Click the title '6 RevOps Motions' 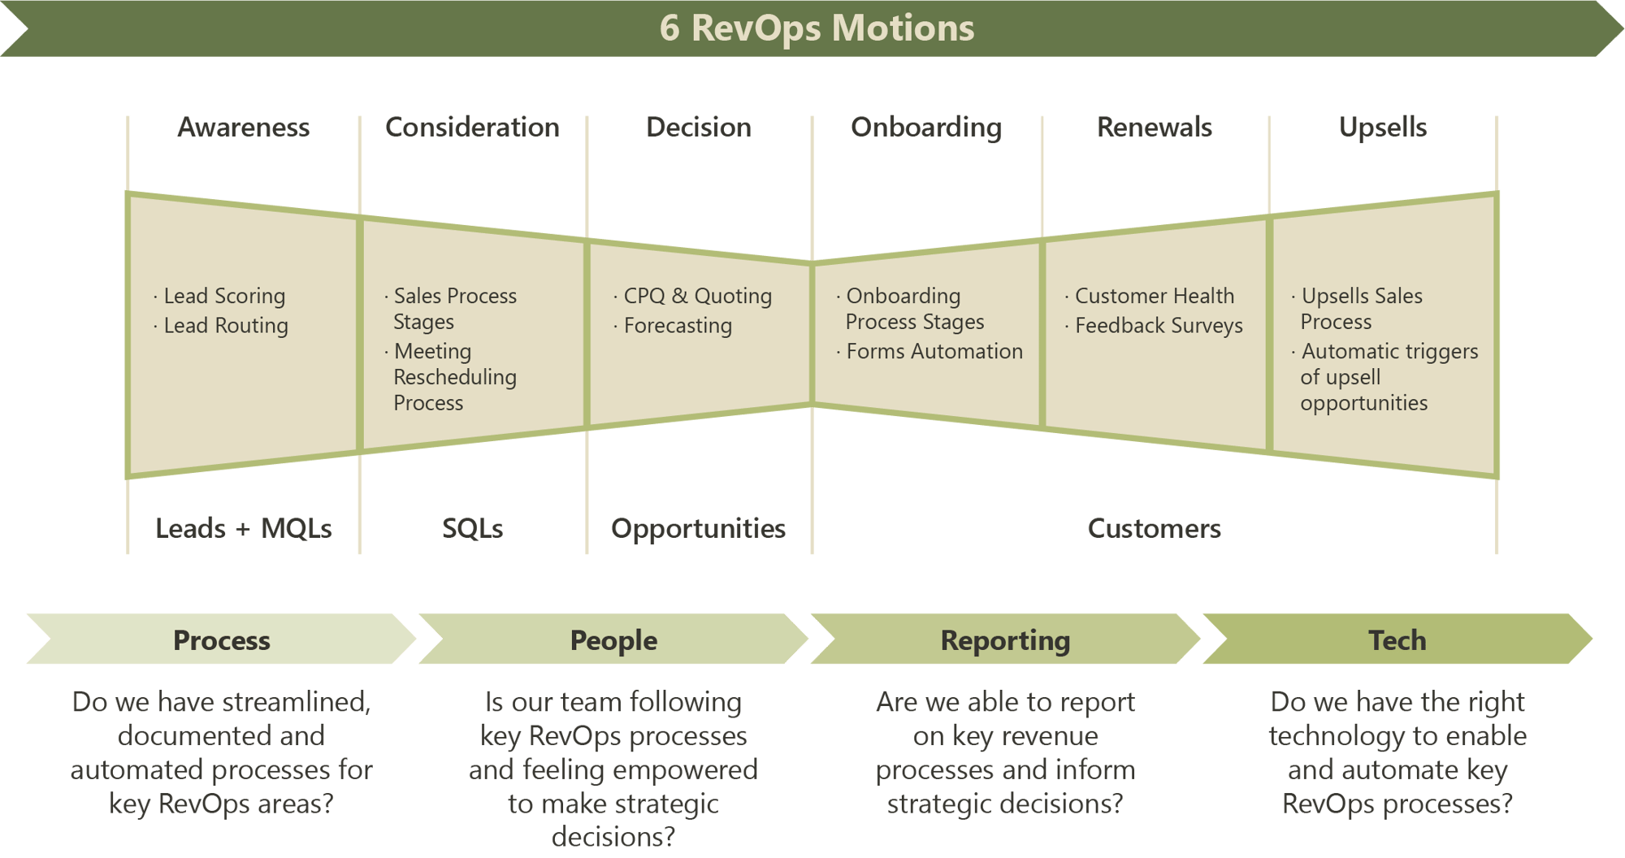pyautogui.click(x=816, y=28)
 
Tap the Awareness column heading pyautogui.click(x=243, y=128)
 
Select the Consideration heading pyautogui.click(x=472, y=128)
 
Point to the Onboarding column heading pyautogui.click(x=926, y=128)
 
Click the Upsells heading pyautogui.click(x=1383, y=128)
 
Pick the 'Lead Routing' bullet pyautogui.click(x=225, y=326)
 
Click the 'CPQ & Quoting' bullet pyautogui.click(x=697, y=297)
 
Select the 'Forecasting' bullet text pyautogui.click(x=678, y=326)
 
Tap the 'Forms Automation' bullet pyautogui.click(x=934, y=352)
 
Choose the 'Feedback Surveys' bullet pyautogui.click(x=1158, y=326)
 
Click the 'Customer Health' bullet pyautogui.click(x=1154, y=297)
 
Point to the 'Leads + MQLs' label pyautogui.click(x=244, y=529)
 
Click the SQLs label pyautogui.click(x=472, y=529)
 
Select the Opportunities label pyautogui.click(x=698, y=529)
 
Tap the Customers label pyautogui.click(x=1154, y=529)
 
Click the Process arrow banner pyautogui.click(x=221, y=640)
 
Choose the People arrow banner pyautogui.click(x=613, y=640)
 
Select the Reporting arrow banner pyautogui.click(x=1005, y=640)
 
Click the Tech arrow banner pyautogui.click(x=1397, y=640)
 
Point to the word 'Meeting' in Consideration pyautogui.click(x=432, y=352)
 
